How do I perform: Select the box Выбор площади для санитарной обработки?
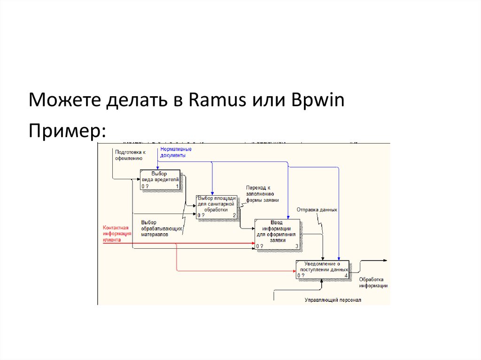tap(217, 207)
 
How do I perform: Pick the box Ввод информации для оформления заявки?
tap(277, 233)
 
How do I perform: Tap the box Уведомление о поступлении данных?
tap(322, 269)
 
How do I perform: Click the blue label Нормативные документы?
tap(176, 152)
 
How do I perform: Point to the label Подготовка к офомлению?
tap(130, 155)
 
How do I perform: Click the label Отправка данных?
tap(317, 209)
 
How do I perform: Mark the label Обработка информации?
tap(373, 282)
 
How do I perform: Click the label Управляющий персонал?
tap(333, 299)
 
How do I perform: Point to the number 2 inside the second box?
tap(234, 215)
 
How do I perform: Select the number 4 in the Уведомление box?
tap(346, 276)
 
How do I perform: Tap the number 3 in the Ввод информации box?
tap(296, 246)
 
